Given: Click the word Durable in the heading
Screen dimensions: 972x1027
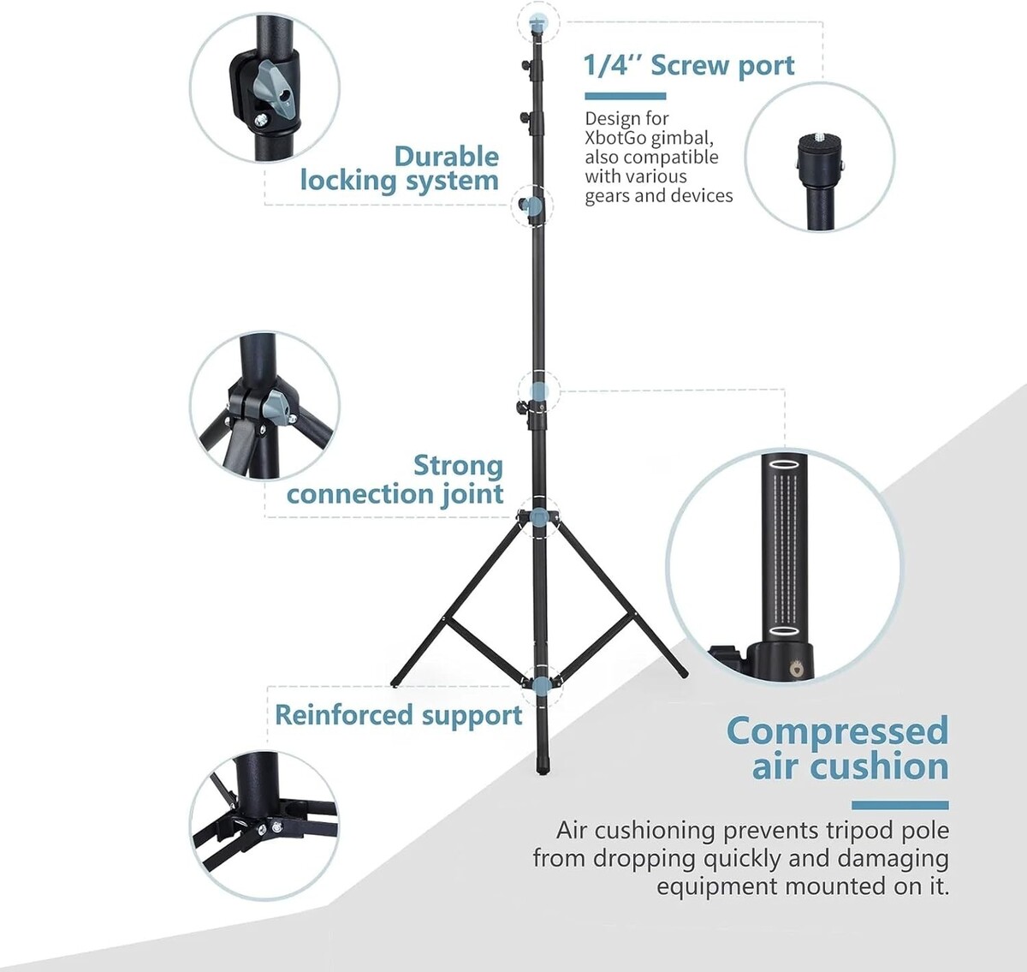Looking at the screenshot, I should pos(446,157).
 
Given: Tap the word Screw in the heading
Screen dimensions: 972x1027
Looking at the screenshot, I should pos(688,66).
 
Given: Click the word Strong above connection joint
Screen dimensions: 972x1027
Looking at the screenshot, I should pos(458,466).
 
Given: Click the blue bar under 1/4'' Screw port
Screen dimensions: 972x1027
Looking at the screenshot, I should pos(625,96).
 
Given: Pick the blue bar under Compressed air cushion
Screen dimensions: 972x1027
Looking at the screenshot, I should pos(899,805).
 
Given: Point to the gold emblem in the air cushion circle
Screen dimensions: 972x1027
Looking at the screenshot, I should pos(799,665).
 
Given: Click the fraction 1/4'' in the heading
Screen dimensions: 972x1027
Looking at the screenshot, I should pos(612,66).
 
